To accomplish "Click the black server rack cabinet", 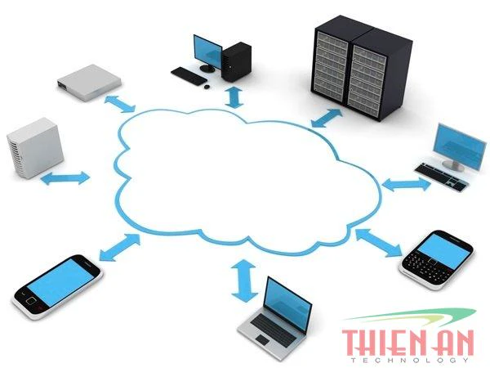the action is (x=362, y=68).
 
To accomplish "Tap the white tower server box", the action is (x=35, y=148).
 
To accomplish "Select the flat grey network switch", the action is (x=89, y=83).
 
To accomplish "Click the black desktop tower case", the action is (x=236, y=61).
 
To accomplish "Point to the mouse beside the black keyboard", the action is (x=207, y=87).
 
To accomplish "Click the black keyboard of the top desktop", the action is (x=189, y=76).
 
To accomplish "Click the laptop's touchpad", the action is (x=262, y=339).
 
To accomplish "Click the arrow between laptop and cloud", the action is (x=244, y=280).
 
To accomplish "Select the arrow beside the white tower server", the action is (x=65, y=178).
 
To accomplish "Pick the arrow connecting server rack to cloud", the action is (x=327, y=119).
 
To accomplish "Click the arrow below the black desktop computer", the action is (x=234, y=97).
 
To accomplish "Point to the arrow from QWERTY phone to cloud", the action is (x=379, y=243).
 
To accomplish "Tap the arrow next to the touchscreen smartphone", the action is (x=120, y=247).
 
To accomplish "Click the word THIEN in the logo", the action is (x=385, y=343).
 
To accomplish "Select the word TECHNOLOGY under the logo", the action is (x=409, y=360).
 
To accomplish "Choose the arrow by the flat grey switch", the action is (x=120, y=104).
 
